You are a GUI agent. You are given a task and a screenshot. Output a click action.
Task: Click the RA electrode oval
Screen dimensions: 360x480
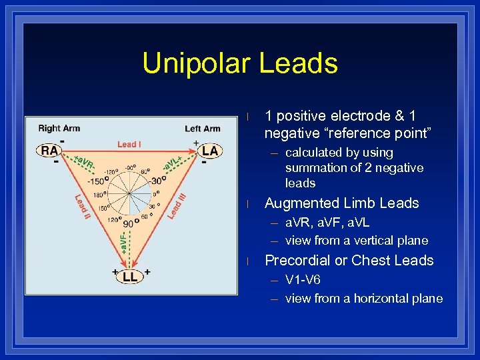pyautogui.click(x=49, y=151)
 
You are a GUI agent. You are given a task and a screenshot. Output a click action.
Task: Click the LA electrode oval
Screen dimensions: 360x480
pyautogui.click(x=209, y=151)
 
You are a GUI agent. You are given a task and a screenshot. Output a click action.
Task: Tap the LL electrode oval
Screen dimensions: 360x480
pyautogui.click(x=129, y=277)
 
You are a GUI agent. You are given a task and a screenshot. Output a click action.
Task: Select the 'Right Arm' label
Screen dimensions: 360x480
pyautogui.click(x=59, y=128)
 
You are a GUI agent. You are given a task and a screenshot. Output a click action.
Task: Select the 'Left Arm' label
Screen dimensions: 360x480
pyautogui.click(x=202, y=128)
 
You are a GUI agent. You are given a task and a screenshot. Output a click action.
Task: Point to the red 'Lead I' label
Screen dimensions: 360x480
pyautogui.click(x=129, y=143)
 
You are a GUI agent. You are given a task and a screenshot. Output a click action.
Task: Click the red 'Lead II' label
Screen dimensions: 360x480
pyautogui.click(x=81, y=205)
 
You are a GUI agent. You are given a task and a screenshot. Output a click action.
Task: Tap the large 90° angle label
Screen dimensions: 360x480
pyautogui.click(x=129, y=225)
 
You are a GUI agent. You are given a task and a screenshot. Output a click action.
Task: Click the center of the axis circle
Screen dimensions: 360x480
pyautogui.click(x=131, y=195)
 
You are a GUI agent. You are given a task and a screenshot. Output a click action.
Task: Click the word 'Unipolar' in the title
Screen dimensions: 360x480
pyautogui.click(x=195, y=63)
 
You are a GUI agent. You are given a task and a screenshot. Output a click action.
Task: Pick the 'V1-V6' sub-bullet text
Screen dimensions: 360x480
pyautogui.click(x=303, y=279)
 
